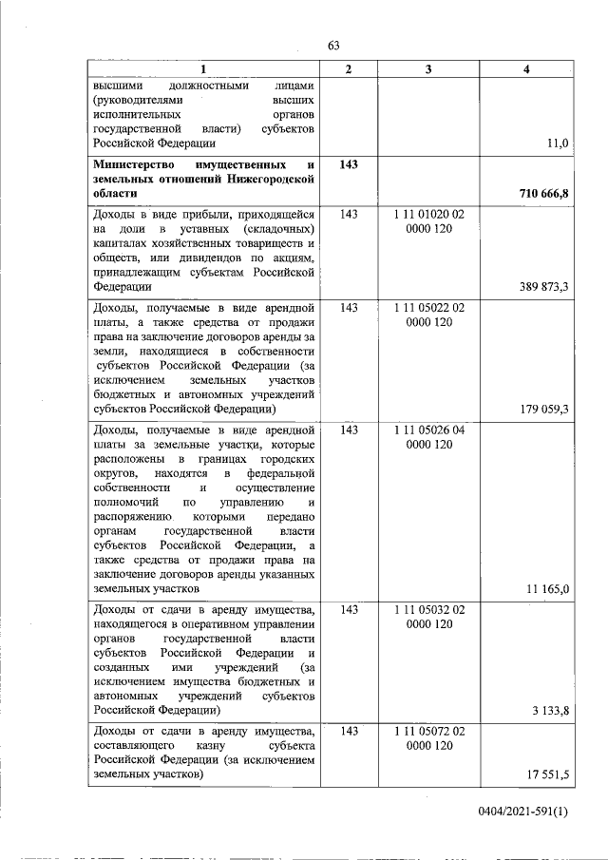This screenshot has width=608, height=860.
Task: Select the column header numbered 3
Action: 428,68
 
